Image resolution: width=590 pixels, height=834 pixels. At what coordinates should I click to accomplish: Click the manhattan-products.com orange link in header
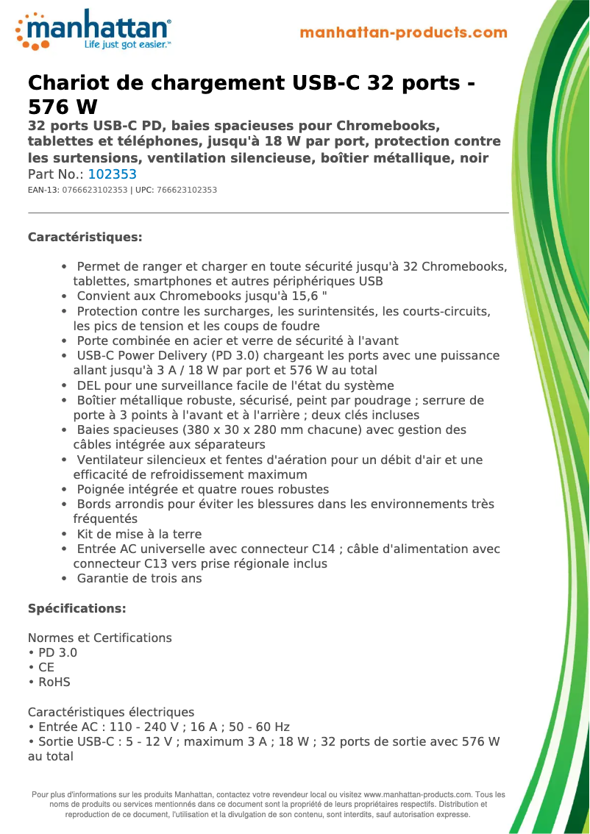pos(404,32)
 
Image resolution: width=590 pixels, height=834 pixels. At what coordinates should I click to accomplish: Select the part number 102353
pos(112,174)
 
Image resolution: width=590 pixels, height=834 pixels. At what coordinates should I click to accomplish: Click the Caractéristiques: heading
pos(85,238)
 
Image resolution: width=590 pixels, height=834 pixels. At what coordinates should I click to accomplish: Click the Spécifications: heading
pos(77,608)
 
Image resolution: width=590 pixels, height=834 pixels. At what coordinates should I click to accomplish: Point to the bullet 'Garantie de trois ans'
pos(139,578)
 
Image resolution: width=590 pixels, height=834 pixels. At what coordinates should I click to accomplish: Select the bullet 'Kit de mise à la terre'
pos(139,534)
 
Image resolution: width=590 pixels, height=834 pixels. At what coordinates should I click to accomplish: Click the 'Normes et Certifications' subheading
pos(100,638)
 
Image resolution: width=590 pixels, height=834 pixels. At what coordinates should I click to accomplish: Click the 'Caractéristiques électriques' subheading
pos(111,712)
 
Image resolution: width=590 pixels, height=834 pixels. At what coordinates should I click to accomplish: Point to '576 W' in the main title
pos(63,107)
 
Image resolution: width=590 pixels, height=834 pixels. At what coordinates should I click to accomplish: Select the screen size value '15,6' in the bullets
pos(309,296)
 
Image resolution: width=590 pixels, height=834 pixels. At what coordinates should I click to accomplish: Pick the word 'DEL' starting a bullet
pos(89,385)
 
